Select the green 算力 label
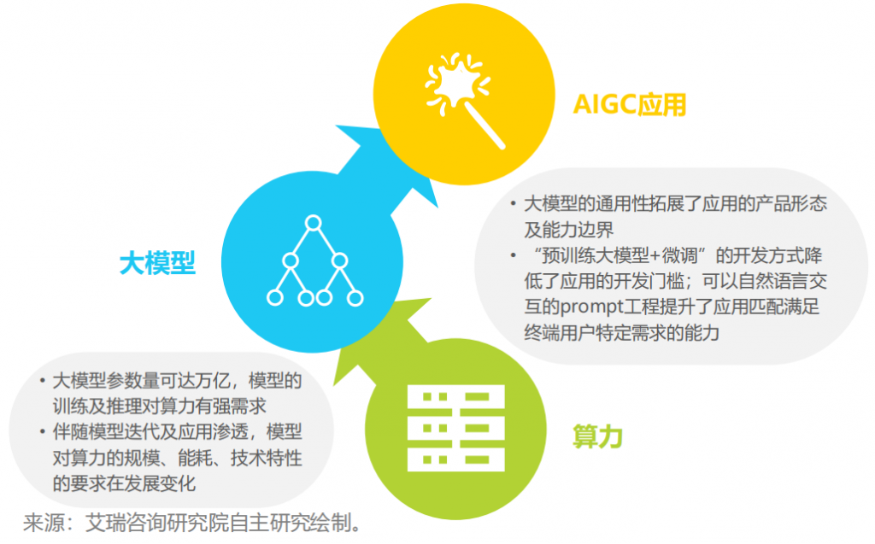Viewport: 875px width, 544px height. point(597,436)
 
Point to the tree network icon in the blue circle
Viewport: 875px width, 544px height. point(314,262)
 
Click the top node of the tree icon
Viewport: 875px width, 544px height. point(314,225)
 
